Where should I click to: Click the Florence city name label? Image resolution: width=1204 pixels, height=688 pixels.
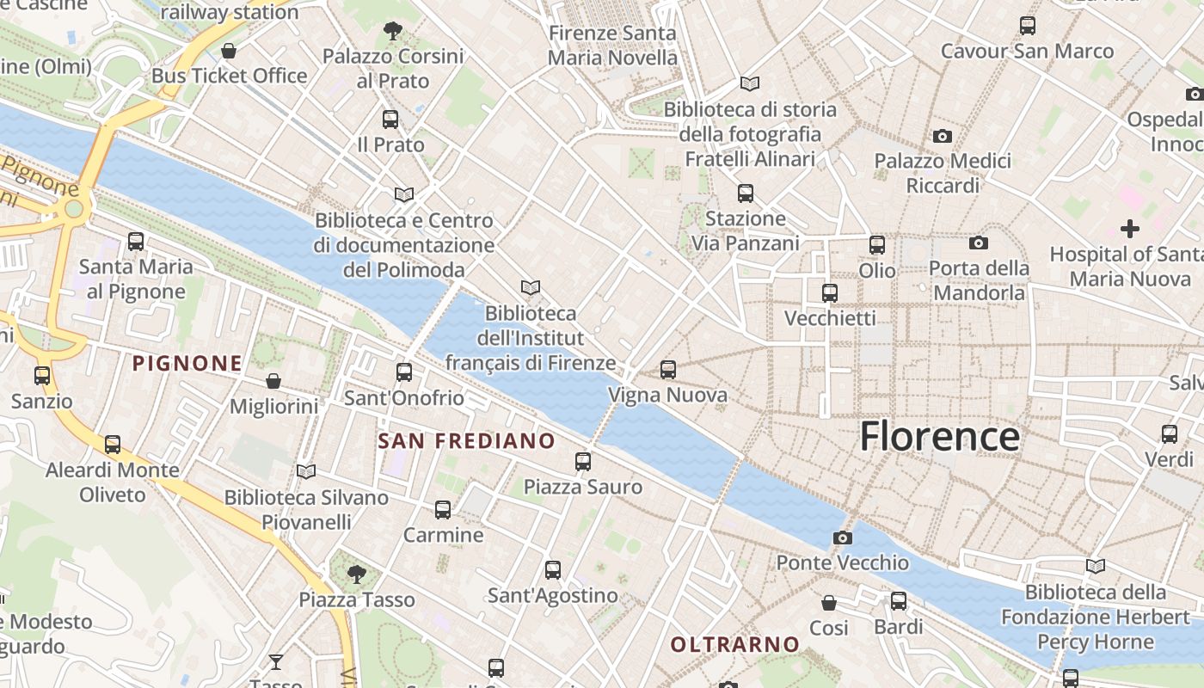click(940, 436)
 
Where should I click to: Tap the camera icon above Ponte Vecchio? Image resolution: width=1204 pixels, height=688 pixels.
click(843, 538)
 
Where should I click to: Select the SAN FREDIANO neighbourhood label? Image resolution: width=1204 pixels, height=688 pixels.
click(467, 441)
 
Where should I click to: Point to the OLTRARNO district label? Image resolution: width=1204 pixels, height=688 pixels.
click(734, 644)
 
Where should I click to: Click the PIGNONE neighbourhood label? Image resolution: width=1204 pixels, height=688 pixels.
click(187, 363)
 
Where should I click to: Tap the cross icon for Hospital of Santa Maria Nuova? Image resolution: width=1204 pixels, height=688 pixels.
click(1130, 229)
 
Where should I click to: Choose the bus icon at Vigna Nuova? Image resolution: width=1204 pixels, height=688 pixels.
click(668, 371)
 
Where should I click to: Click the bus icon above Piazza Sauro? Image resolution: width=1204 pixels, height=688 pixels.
click(583, 462)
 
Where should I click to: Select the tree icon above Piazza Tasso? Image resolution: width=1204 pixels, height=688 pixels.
click(356, 574)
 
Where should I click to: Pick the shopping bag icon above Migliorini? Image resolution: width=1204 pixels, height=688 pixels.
click(273, 381)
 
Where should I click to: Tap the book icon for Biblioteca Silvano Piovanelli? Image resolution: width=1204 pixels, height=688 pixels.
click(306, 471)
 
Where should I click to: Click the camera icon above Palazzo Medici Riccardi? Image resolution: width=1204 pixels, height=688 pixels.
click(943, 136)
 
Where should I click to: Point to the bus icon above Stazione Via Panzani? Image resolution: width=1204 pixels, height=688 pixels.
click(746, 193)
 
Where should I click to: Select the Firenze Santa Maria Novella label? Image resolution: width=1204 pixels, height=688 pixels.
click(612, 46)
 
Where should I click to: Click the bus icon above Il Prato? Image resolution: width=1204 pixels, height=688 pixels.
click(390, 120)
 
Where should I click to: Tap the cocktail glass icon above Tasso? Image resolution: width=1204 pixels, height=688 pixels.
click(276, 661)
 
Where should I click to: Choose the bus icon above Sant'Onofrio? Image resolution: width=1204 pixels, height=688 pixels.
click(404, 372)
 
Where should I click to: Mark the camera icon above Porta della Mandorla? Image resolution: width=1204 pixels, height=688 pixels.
click(978, 243)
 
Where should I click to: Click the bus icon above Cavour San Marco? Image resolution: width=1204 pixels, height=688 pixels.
click(1028, 26)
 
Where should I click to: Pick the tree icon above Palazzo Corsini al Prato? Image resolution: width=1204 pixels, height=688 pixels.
click(393, 32)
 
